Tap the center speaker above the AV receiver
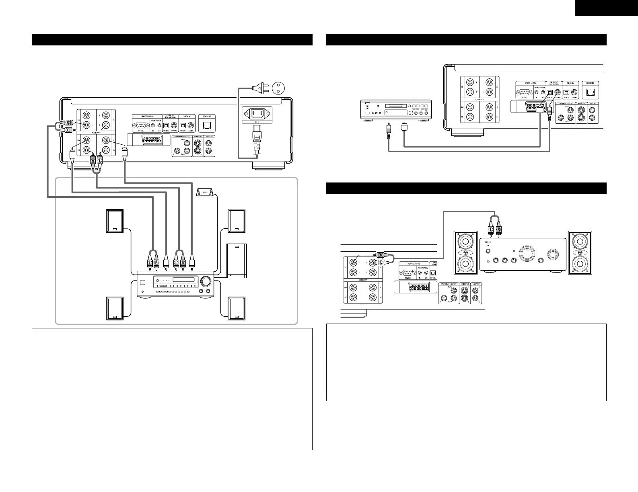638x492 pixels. point(205,193)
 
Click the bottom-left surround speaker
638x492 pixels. point(115,308)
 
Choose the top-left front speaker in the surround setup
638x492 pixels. point(115,221)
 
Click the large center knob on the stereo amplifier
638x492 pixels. point(525,253)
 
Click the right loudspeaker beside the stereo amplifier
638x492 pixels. point(580,252)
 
